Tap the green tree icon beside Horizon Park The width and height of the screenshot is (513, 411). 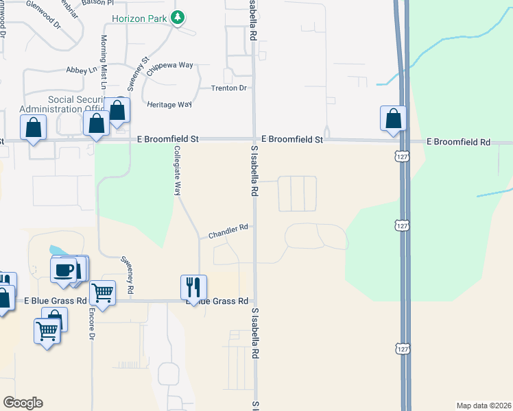pos(178,17)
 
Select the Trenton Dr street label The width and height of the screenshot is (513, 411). pos(229,88)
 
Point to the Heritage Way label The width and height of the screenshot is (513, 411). pos(169,104)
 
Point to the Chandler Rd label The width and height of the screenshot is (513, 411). pos(228,232)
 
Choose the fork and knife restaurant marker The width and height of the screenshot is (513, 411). pos(193,286)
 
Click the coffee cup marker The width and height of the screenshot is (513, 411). pos(65,269)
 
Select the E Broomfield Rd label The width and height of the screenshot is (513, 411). pos(458,142)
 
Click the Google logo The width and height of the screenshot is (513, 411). pos(23,403)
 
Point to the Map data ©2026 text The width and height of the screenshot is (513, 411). pos(484,406)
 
